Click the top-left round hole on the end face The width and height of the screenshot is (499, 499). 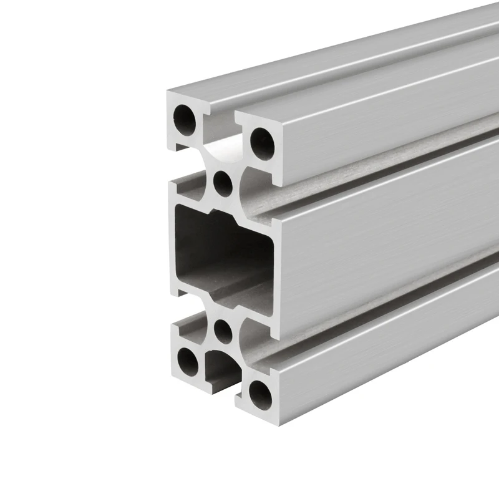tap(185, 117)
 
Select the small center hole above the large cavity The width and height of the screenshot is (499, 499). tap(222, 182)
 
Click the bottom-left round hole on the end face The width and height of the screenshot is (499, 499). tap(187, 358)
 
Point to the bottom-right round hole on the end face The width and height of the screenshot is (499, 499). tap(260, 392)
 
